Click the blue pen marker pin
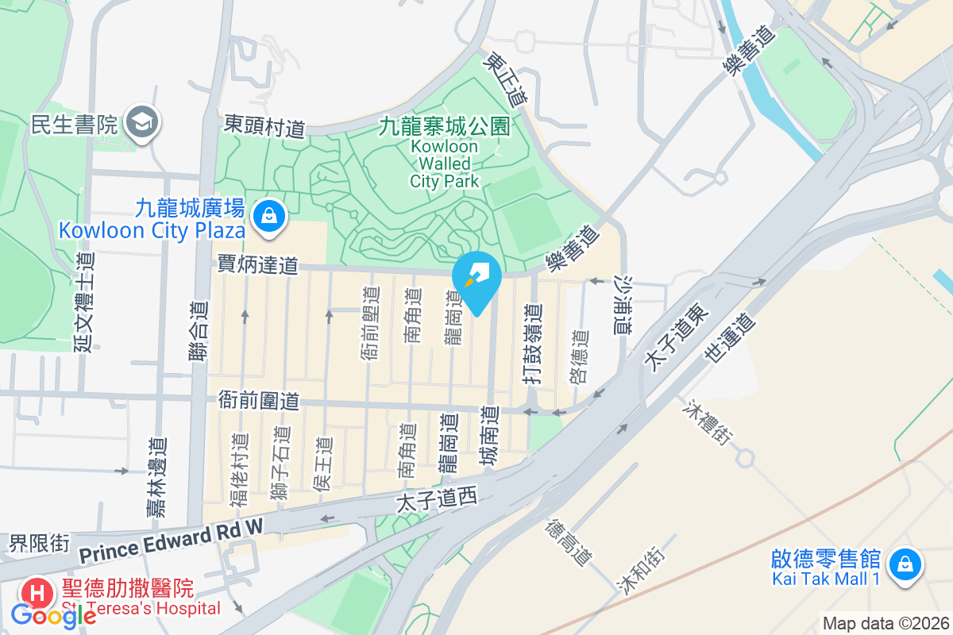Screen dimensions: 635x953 point(476,277)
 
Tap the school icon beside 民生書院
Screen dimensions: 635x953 point(144,123)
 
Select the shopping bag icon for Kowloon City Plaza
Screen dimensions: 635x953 point(269,215)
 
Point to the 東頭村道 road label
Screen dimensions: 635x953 point(264,125)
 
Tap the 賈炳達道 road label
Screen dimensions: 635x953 point(258,264)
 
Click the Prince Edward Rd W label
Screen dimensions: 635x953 point(171,540)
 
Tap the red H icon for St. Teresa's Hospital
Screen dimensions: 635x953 point(37,591)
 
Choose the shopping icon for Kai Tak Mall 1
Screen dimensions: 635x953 point(904,564)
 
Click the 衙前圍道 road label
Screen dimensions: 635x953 point(258,402)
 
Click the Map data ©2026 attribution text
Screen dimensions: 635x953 point(885,623)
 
